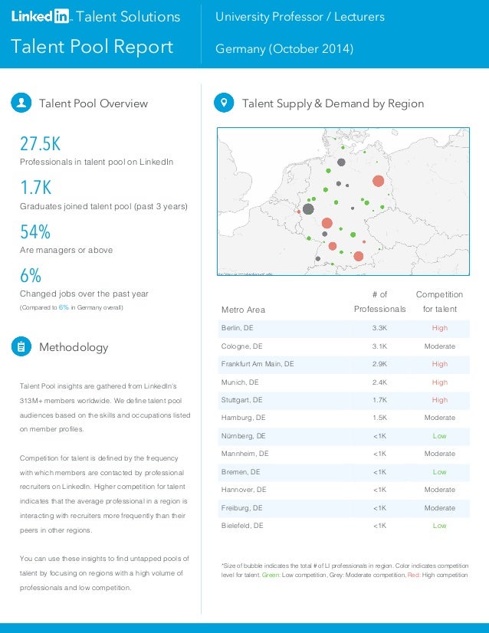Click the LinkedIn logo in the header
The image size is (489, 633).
tap(40, 16)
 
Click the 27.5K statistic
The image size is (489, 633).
tap(40, 144)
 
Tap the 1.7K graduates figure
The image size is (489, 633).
tap(35, 188)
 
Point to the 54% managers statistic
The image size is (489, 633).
tap(35, 231)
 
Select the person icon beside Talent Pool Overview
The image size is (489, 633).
tap(21, 103)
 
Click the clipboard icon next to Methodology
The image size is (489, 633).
tap(21, 347)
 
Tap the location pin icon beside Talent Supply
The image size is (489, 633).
tap(223, 103)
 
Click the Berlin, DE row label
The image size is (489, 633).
tap(237, 328)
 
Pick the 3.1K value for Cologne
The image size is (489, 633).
tap(379, 346)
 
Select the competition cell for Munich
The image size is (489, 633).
tap(439, 382)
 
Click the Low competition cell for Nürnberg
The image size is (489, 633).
tap(439, 436)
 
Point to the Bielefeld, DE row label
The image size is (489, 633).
tap(242, 526)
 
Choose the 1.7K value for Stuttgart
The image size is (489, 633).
tap(379, 400)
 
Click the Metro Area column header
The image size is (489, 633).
tap(243, 310)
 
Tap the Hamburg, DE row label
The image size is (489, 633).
tap(244, 418)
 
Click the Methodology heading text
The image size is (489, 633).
tap(74, 347)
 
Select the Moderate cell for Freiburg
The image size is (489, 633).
tap(439, 508)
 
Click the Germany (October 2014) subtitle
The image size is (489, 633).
tap(284, 49)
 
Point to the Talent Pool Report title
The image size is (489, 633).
tap(92, 47)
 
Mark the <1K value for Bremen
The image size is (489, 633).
tap(379, 472)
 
